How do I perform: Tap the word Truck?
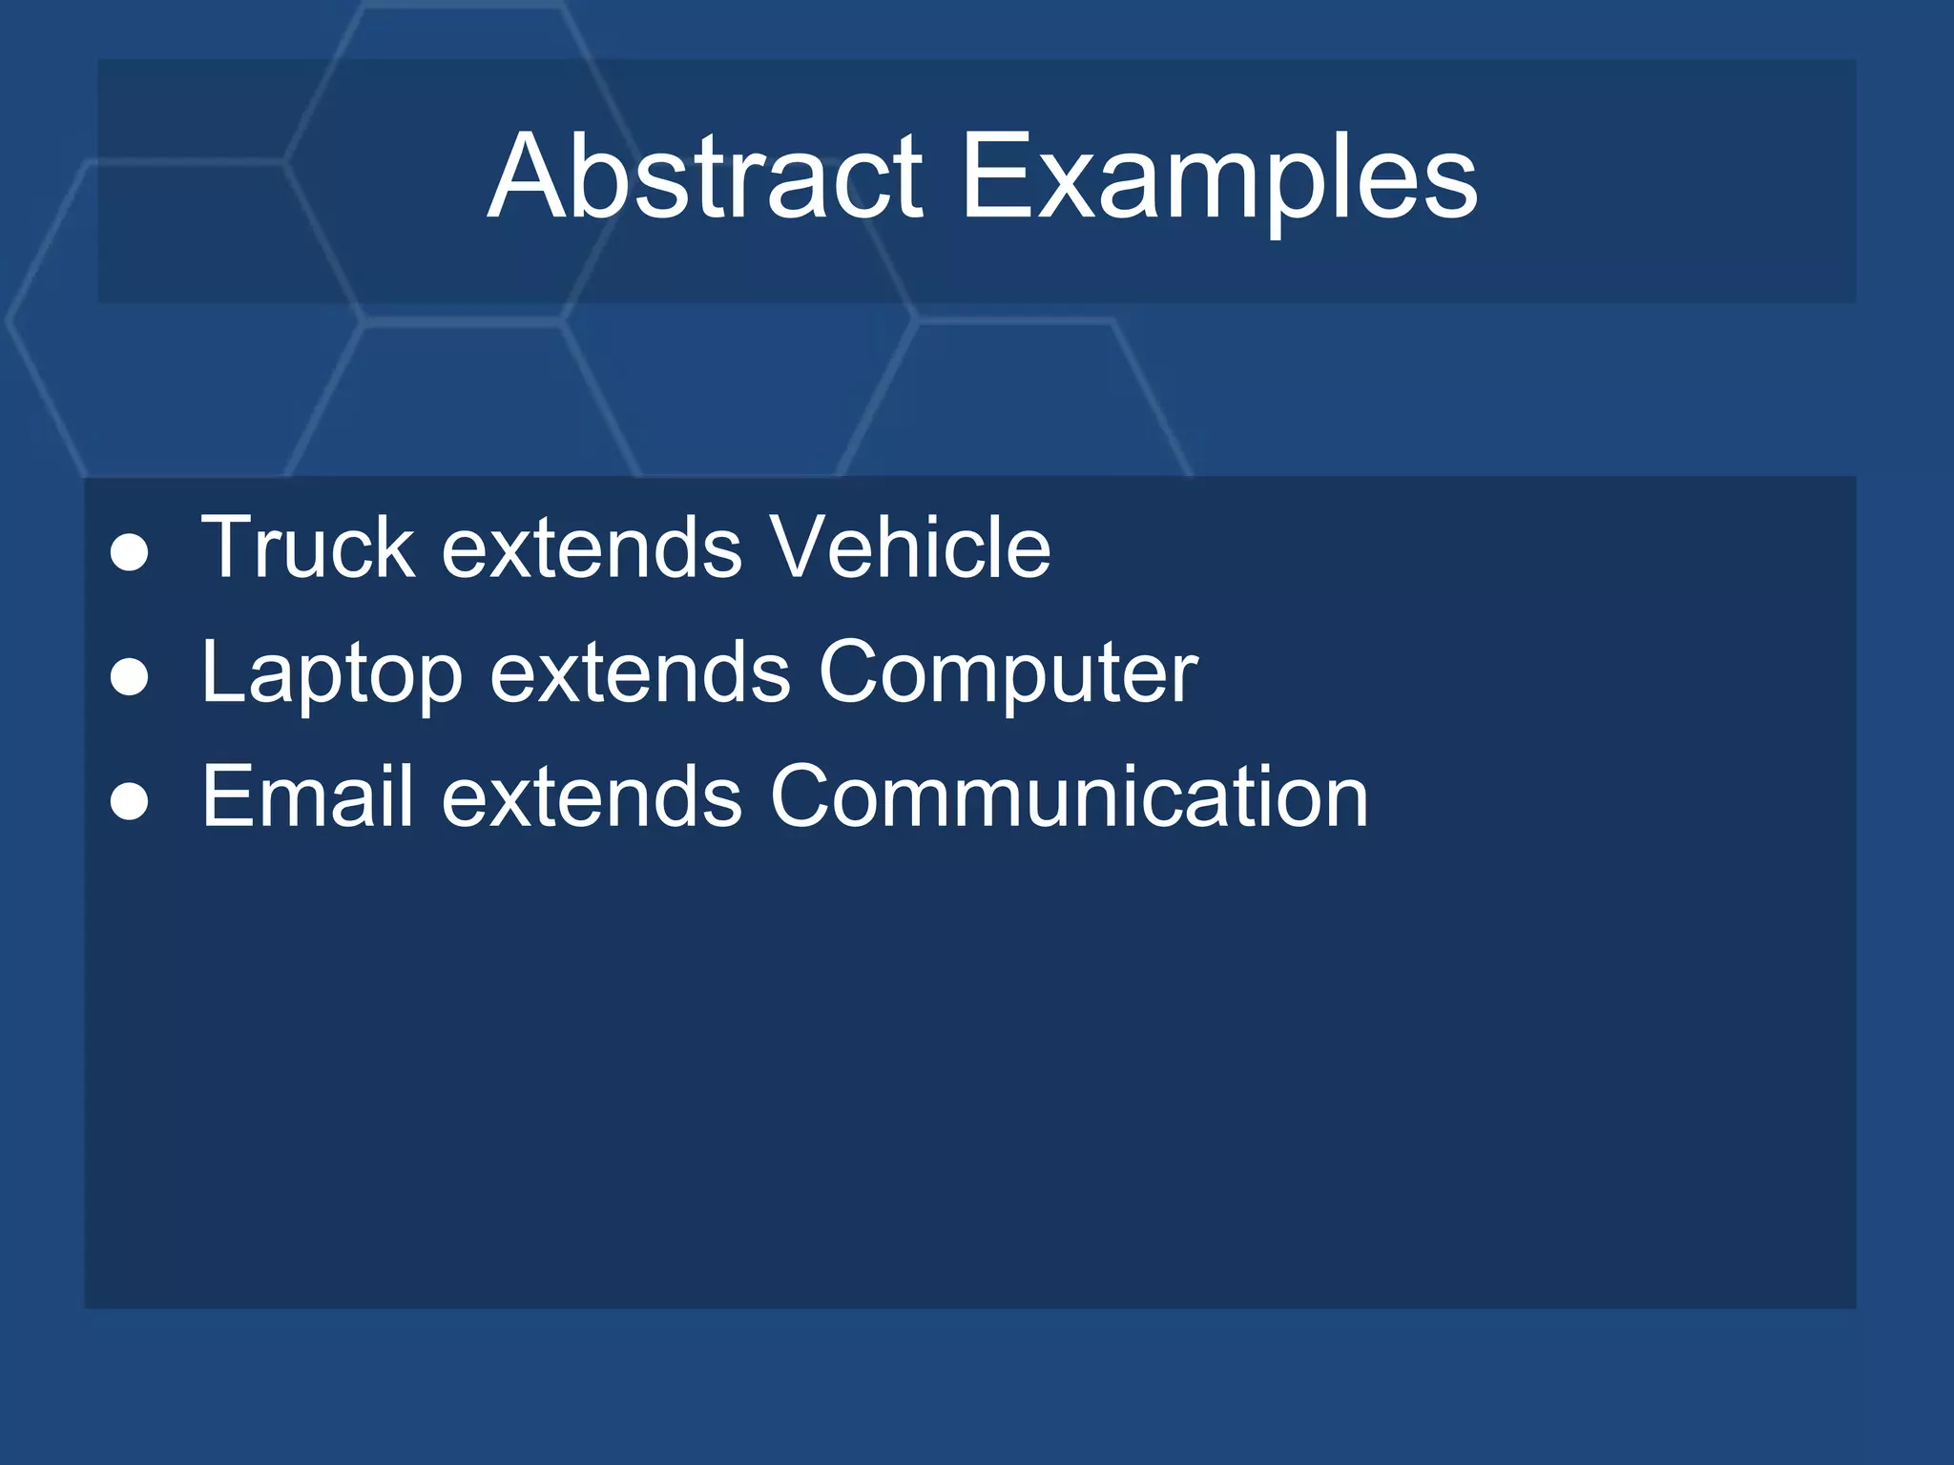click(307, 547)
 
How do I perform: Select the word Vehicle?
click(909, 547)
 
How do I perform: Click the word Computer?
click(1007, 672)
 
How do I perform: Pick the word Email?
click(307, 796)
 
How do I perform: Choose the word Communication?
click(1069, 796)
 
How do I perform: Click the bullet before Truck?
click(130, 554)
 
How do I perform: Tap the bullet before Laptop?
click(130, 678)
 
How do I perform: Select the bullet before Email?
click(130, 802)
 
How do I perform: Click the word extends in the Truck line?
click(592, 549)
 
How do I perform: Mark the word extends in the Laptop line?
click(640, 673)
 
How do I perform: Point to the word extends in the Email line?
click(592, 797)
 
